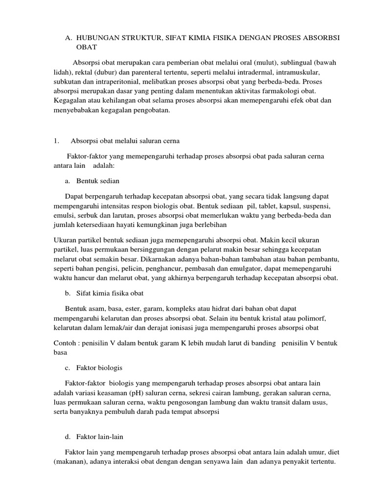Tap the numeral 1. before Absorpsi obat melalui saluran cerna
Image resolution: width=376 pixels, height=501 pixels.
click(56, 141)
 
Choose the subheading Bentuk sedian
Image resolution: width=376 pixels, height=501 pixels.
click(98, 181)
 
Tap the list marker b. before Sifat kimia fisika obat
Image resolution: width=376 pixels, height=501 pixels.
click(68, 293)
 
